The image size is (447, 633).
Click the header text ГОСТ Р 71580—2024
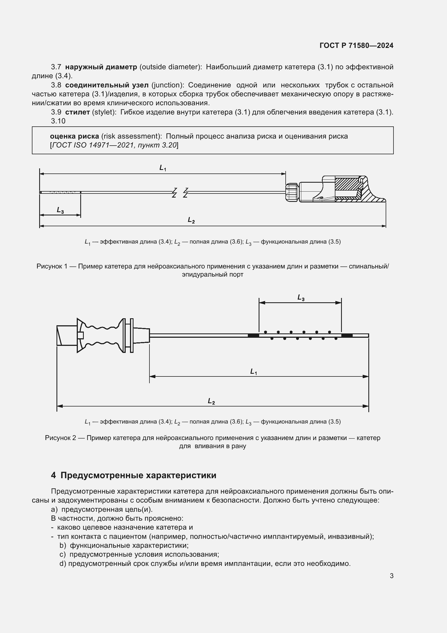click(x=356, y=45)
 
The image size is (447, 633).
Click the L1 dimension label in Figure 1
click(x=163, y=168)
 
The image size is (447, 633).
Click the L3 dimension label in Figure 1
click(x=60, y=210)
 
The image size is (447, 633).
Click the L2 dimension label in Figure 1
click(x=191, y=220)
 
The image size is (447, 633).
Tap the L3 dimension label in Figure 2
click(x=301, y=297)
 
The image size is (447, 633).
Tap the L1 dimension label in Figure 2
click(x=253, y=372)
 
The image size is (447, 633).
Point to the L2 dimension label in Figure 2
click(x=211, y=401)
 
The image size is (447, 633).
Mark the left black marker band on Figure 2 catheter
click(x=253, y=336)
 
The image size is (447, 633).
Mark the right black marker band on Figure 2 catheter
click(x=347, y=336)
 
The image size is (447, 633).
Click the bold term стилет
click(x=77, y=112)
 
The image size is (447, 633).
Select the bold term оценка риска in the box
click(x=74, y=136)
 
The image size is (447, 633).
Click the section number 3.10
click(x=58, y=121)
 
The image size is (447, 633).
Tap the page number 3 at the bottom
click(x=391, y=576)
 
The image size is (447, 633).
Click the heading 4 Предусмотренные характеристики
click(x=134, y=475)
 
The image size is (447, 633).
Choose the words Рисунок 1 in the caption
click(x=52, y=266)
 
